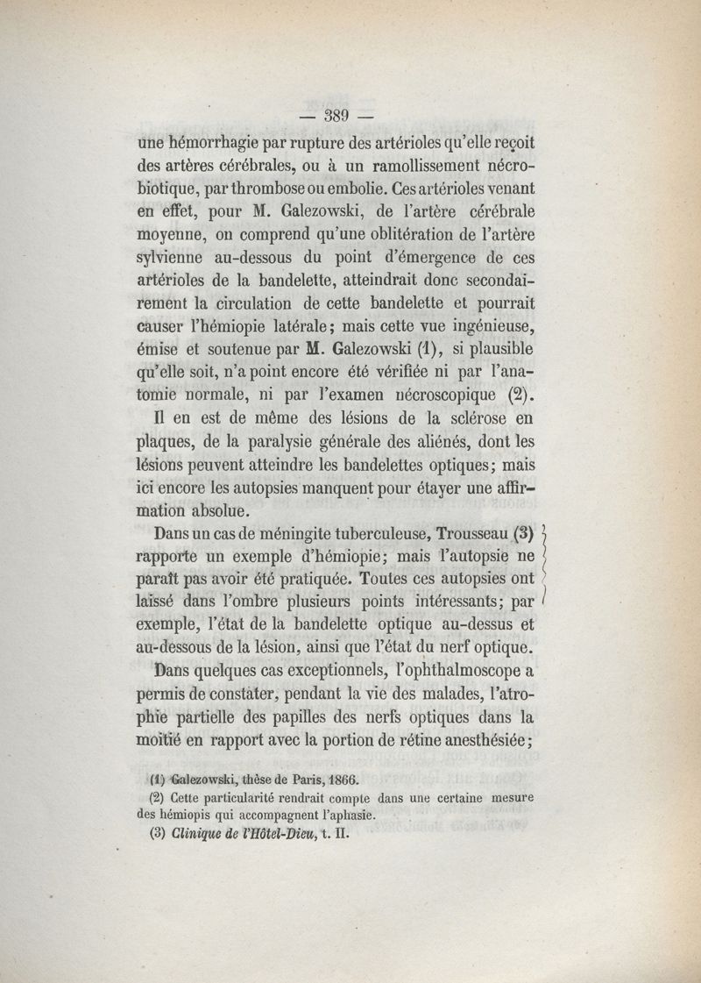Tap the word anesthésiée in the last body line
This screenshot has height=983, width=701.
(472, 740)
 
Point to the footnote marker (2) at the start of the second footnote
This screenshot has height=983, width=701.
(158, 797)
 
